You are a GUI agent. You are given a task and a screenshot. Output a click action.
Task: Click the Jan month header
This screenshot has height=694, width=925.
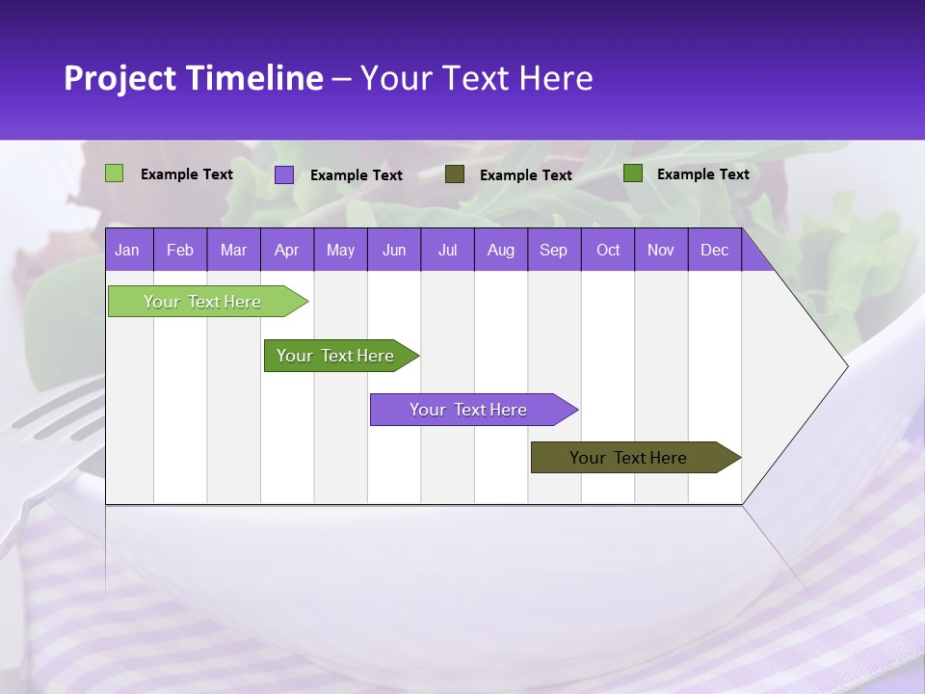point(127,250)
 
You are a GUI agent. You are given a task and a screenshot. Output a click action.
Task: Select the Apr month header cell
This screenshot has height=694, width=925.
point(286,250)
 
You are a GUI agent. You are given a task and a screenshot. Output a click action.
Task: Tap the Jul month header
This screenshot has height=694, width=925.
point(447,250)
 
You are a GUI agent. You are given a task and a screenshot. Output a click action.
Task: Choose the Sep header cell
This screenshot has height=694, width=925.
point(553,250)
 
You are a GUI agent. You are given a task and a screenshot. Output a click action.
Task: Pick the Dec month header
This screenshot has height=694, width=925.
point(714,250)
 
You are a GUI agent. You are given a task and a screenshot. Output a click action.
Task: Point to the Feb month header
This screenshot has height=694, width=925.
point(180,250)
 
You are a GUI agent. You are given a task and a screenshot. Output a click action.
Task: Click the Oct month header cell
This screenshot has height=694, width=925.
point(608,250)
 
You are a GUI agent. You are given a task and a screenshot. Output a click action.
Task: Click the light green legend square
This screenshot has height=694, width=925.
point(115,173)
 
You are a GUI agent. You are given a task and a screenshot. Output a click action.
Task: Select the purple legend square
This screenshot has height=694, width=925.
point(284,174)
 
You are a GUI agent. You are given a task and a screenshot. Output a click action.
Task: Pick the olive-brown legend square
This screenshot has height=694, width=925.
point(455,173)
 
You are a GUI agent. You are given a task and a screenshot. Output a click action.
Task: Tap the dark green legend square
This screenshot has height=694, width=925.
point(633,173)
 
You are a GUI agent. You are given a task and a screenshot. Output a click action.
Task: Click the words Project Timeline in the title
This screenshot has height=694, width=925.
point(194,78)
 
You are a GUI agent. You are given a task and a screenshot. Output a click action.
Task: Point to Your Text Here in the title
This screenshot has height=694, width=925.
point(476,78)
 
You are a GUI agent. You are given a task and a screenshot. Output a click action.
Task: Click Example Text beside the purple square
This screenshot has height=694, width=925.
point(357,175)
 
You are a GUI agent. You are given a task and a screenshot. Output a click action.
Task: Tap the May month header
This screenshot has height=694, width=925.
point(340,250)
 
